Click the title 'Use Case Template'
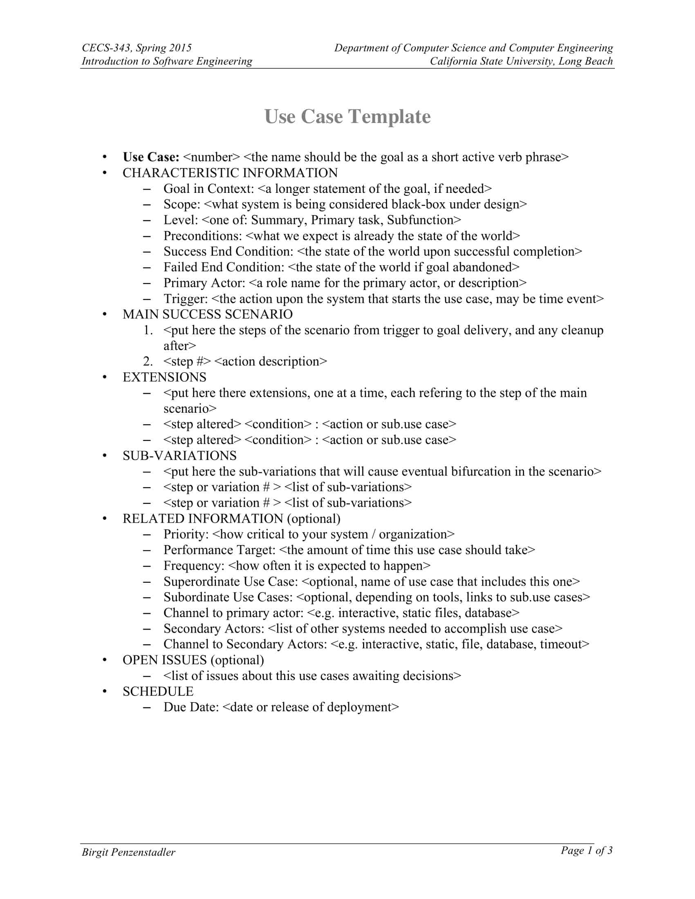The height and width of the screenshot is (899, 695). click(x=347, y=116)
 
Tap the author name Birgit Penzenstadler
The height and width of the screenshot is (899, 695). click(x=128, y=852)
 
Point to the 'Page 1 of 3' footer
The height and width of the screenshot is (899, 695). click(x=586, y=850)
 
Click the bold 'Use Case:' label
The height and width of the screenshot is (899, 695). click(x=151, y=157)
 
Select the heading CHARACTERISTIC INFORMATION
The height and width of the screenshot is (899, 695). click(x=230, y=173)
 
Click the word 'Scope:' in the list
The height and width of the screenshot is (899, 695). click(x=182, y=205)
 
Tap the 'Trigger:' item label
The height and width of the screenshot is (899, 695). click(x=185, y=299)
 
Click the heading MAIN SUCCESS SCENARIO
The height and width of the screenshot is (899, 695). click(x=208, y=315)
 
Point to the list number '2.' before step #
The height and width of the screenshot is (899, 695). click(x=148, y=361)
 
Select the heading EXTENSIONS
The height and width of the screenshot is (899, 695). click(x=164, y=378)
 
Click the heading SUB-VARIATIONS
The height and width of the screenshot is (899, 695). click(x=179, y=456)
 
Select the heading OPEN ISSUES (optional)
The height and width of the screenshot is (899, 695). click(x=193, y=660)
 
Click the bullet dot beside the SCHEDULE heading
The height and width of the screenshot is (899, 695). click(x=105, y=692)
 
